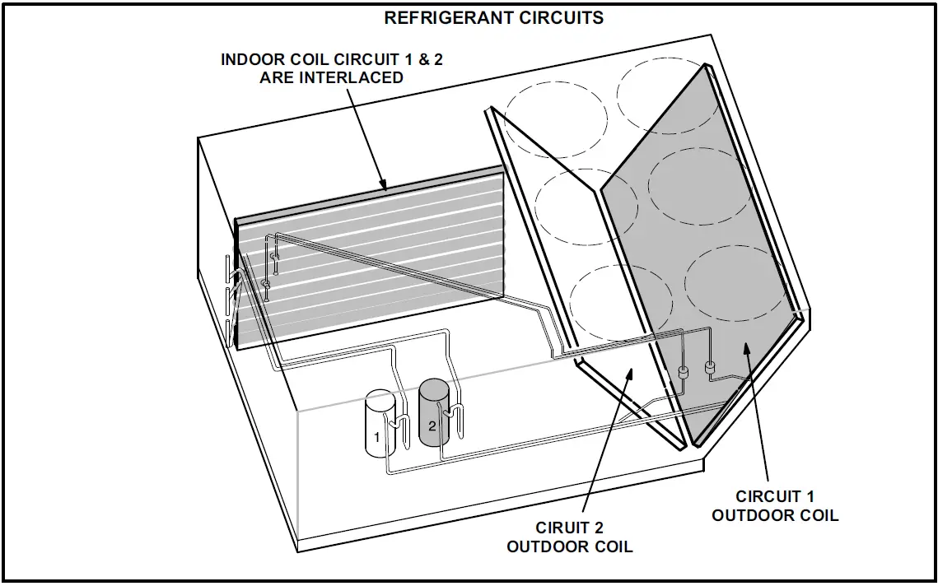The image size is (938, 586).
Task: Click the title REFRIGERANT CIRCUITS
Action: [493, 17]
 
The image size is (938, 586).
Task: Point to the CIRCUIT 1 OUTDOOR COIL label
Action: [775, 505]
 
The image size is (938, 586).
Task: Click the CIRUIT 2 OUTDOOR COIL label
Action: [569, 537]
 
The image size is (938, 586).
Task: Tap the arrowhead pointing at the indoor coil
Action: [383, 186]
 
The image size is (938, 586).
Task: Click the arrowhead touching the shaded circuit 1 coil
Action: [746, 349]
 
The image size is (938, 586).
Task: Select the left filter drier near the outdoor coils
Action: [682, 373]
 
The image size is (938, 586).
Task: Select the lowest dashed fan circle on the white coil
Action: [609, 302]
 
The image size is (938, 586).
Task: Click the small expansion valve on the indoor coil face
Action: [266, 283]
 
